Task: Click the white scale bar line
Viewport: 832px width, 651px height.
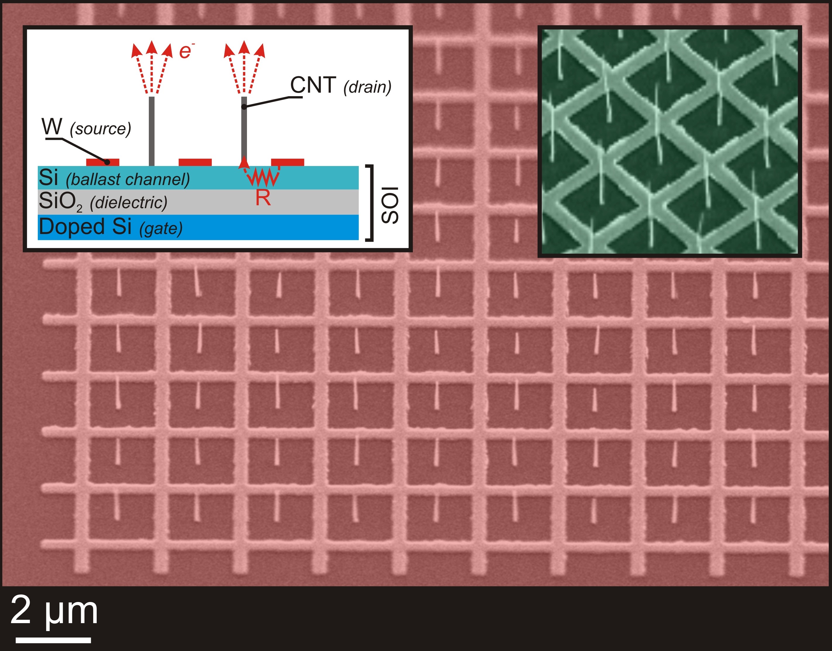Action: coord(53,640)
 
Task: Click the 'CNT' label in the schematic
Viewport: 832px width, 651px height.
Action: coord(313,85)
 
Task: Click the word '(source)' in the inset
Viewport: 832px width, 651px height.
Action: coord(100,129)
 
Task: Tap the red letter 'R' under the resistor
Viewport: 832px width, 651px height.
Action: coord(263,198)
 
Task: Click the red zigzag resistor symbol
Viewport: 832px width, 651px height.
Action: coord(263,178)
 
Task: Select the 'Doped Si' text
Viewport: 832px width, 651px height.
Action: coord(85,227)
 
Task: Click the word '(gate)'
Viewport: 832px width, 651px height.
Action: coord(161,229)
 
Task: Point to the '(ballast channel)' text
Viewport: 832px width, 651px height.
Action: coord(128,179)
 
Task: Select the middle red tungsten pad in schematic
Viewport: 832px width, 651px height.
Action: coord(195,162)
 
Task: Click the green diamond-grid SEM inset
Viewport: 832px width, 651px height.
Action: coord(669,141)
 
